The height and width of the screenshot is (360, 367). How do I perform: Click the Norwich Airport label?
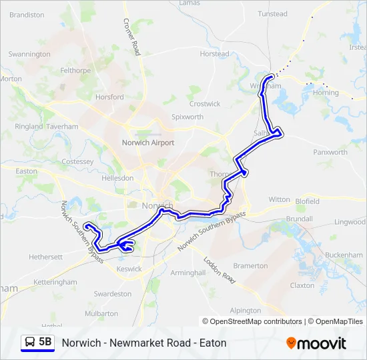(x=147, y=143)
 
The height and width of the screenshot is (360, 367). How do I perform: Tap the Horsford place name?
(x=109, y=97)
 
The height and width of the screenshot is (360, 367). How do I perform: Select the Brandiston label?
(x=27, y=15)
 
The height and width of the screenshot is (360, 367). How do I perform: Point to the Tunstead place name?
(x=272, y=13)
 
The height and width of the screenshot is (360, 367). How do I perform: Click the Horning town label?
(x=326, y=93)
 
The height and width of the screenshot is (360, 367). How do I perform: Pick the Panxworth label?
(x=330, y=152)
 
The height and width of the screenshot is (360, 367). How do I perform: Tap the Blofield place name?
(x=307, y=201)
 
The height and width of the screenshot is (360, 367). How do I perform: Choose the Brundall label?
(x=299, y=219)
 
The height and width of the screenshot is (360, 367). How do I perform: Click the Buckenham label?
(x=345, y=255)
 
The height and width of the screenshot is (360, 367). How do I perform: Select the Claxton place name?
(x=302, y=285)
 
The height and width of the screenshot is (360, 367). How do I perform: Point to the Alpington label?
(x=245, y=311)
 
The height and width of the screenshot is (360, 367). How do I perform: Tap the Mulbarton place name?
(x=101, y=313)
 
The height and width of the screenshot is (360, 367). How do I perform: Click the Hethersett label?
(x=45, y=256)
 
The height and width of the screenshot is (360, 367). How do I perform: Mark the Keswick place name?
(x=129, y=269)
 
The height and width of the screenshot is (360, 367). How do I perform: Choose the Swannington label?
(x=29, y=54)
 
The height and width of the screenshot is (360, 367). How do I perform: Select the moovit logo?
(x=316, y=343)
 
